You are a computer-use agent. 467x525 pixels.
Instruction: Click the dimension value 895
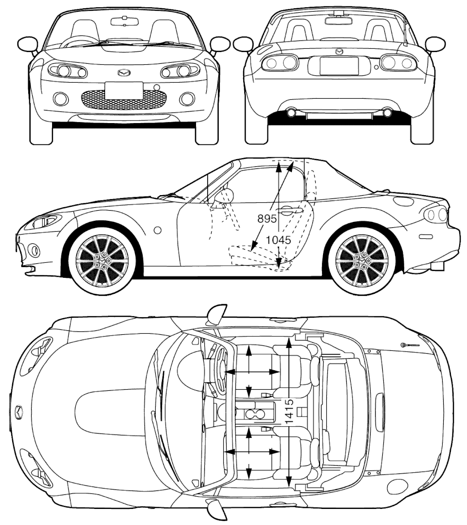click(x=267, y=218)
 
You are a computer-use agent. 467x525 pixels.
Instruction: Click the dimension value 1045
click(x=278, y=240)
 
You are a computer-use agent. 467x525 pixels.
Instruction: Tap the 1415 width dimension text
click(x=289, y=411)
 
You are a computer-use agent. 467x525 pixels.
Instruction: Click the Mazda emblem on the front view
click(x=124, y=72)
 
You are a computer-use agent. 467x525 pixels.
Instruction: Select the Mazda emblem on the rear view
click(x=339, y=52)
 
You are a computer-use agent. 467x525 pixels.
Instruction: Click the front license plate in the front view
click(x=124, y=91)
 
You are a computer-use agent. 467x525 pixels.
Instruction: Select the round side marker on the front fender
click(x=158, y=230)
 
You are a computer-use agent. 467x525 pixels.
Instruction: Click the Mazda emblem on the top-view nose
click(x=19, y=411)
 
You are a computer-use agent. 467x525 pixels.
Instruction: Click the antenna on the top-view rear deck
click(x=411, y=344)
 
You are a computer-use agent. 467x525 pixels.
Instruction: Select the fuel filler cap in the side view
click(x=404, y=201)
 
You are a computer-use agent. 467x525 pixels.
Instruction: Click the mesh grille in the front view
click(x=124, y=99)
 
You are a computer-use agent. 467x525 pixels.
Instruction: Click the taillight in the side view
click(x=436, y=214)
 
